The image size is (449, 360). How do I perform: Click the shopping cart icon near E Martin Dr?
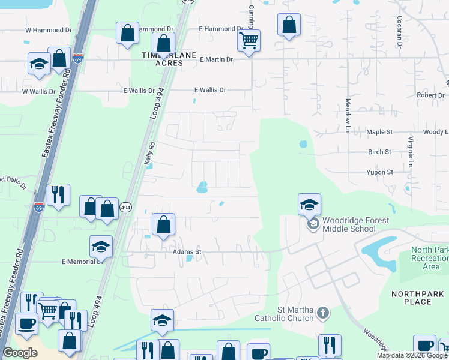248,41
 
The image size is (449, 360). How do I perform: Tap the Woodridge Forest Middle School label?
355,224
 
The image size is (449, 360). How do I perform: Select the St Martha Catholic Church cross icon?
323,312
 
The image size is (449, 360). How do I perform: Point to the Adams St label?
186,252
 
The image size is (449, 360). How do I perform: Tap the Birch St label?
379,152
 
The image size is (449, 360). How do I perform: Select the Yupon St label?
379,172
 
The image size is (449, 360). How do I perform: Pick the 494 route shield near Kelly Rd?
125,207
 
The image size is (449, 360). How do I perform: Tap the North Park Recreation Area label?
430,258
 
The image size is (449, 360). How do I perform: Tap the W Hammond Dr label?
48,30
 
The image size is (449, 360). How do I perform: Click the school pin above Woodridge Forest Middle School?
309,205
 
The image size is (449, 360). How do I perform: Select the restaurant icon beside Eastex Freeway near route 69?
58,195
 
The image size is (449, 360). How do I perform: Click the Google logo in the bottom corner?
20,353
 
